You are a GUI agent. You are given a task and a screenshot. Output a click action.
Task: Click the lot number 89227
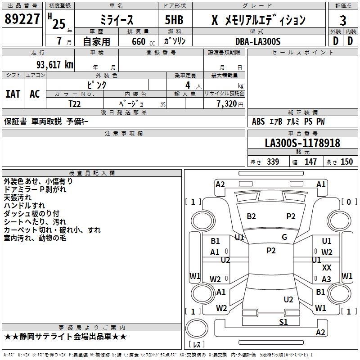click(22, 20)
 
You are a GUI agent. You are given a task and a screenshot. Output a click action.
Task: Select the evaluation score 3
click(343, 20)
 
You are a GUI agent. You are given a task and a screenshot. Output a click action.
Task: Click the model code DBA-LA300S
click(257, 41)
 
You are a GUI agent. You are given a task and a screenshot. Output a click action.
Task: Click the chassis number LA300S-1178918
click(302, 144)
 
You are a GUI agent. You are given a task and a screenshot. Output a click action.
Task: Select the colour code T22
click(75, 103)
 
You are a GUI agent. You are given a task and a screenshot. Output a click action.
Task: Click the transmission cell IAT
click(13, 94)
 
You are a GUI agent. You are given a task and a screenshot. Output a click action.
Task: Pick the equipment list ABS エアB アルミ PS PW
click(288, 121)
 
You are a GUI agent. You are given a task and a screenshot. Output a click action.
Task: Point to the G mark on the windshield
click(284, 237)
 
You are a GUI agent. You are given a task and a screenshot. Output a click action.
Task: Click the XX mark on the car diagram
click(327, 267)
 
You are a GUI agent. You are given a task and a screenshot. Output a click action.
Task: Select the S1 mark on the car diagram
click(283, 322)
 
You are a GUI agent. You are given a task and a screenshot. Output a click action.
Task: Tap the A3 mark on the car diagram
click(326, 279)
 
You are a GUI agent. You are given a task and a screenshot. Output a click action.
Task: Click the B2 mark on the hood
click(251, 216)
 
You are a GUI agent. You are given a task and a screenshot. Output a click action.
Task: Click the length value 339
click(273, 162)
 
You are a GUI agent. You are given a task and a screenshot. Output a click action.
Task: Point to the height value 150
click(346, 162)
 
